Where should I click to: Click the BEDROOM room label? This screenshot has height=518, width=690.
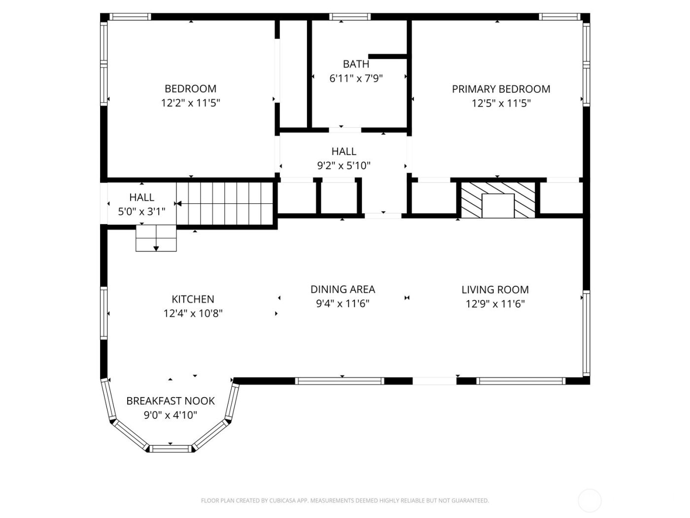(x=190, y=89)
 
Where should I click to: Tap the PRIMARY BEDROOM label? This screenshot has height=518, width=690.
(x=501, y=89)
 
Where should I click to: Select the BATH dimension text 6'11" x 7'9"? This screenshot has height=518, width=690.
(x=356, y=78)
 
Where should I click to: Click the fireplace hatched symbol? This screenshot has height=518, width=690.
(x=498, y=200)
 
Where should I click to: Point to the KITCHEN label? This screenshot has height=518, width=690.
(x=193, y=299)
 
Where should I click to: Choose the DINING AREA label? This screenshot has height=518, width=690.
(x=343, y=289)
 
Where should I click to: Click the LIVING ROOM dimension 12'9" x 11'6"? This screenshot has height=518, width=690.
(x=495, y=303)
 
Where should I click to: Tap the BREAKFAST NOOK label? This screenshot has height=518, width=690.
(x=171, y=401)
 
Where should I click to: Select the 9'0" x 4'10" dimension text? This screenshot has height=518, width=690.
(x=171, y=415)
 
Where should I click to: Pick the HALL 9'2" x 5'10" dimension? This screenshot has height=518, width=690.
(x=344, y=165)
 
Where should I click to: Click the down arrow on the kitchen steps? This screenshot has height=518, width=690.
(x=156, y=248)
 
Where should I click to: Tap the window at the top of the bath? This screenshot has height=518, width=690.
(x=350, y=17)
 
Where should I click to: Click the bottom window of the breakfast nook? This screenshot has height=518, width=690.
(x=170, y=448)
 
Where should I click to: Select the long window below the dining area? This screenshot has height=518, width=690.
(x=340, y=381)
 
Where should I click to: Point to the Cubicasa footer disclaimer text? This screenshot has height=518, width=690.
(x=345, y=501)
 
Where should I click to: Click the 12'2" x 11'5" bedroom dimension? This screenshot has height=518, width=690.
(x=190, y=103)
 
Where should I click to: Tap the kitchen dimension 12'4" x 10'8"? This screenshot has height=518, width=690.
(x=193, y=313)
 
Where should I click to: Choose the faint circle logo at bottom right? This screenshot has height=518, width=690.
(x=589, y=500)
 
